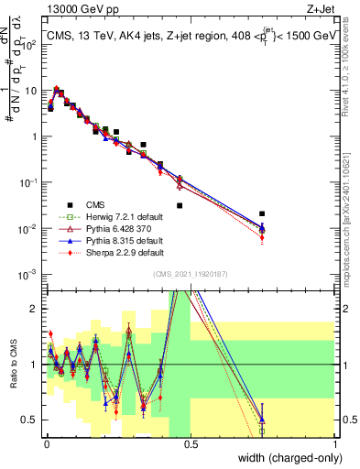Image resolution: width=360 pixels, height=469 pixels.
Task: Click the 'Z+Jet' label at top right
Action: click(x=320, y=9)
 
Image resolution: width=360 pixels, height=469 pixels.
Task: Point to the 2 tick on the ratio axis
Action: click(x=35, y=309)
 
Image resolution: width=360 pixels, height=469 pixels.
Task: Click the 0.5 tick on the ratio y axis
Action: click(x=32, y=420)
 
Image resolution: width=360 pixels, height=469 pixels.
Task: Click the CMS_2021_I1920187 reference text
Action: click(x=191, y=274)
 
